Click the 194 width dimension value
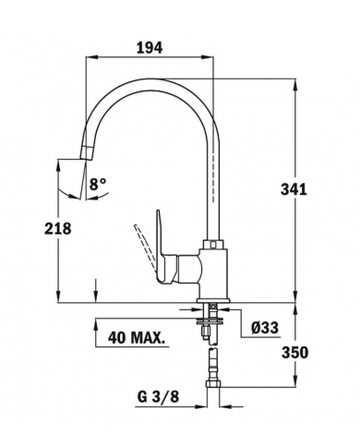(x=150, y=48)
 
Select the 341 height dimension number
(x=294, y=189)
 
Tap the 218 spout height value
(x=58, y=228)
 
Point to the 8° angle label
(x=98, y=184)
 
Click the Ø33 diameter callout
(x=265, y=328)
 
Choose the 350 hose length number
(x=294, y=353)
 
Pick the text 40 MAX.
(x=136, y=338)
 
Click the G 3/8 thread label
(x=158, y=397)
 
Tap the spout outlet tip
(x=86, y=153)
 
